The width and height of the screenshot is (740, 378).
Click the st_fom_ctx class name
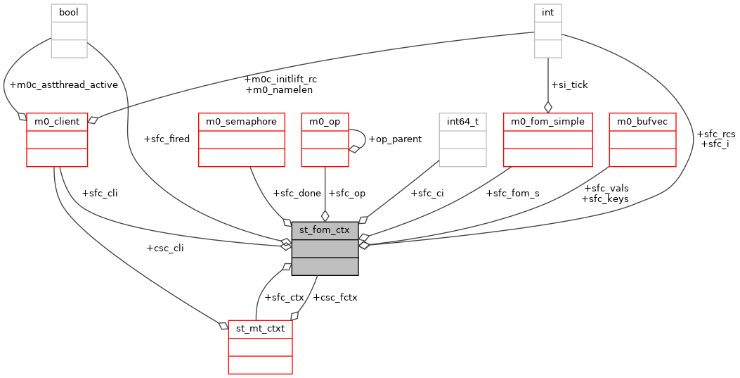click(x=325, y=230)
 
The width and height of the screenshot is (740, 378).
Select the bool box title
click(x=69, y=13)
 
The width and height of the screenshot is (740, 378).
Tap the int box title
click(x=547, y=13)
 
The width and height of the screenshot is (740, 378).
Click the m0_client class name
click(x=57, y=121)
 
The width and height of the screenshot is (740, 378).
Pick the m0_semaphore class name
click(x=241, y=121)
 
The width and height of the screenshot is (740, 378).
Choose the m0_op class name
click(x=325, y=121)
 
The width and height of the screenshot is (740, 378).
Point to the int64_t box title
click(x=462, y=121)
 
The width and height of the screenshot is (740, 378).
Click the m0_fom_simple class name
click(x=547, y=121)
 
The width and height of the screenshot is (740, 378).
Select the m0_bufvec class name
click(x=642, y=121)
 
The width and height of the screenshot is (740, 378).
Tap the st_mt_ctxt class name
click(x=260, y=329)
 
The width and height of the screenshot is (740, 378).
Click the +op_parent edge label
click(x=395, y=139)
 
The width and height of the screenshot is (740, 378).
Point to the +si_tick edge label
click(x=569, y=84)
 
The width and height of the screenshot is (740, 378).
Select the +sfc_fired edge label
click(x=166, y=139)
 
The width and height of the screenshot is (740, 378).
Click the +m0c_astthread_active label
click(x=63, y=84)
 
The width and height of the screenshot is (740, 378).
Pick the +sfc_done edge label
click(x=297, y=193)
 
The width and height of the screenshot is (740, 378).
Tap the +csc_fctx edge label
click(x=335, y=297)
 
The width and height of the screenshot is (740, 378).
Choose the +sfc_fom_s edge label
click(x=512, y=193)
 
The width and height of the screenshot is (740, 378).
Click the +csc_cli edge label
click(x=164, y=248)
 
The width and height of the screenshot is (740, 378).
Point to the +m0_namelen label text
click(x=279, y=89)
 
